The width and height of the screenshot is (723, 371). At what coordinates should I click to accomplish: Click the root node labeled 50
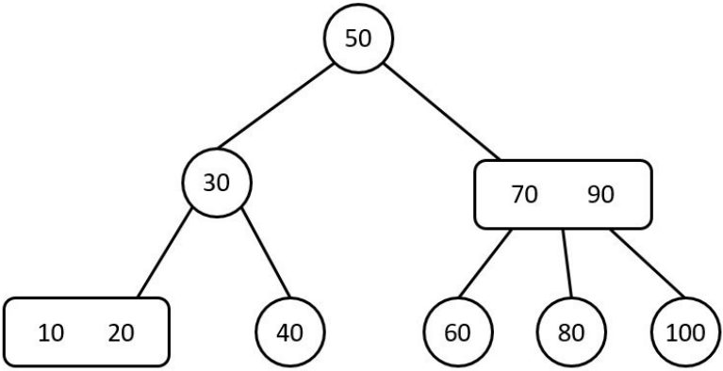point(358,39)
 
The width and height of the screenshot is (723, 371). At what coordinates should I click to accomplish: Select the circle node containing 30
point(217,183)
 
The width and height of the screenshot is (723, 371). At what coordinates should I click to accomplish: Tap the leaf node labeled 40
point(290,331)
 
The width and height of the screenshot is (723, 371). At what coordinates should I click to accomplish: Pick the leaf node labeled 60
point(458,331)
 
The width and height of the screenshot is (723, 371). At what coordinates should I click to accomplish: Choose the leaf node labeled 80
point(572,331)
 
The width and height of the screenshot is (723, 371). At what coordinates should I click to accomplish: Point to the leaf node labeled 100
point(686,331)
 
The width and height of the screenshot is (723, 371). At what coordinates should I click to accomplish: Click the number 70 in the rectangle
point(524,195)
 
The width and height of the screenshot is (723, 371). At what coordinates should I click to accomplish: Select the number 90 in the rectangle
point(600,195)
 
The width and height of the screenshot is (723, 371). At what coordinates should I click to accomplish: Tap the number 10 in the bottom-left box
point(51,332)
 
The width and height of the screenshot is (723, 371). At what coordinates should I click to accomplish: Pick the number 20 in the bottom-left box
point(122,332)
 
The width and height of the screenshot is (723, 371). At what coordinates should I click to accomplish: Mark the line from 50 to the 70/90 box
point(442,112)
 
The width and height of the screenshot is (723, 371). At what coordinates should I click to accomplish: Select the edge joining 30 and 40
point(267,254)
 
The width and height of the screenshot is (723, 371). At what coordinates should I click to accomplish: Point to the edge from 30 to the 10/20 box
point(165,253)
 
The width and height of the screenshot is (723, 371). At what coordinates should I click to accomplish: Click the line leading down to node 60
point(485,264)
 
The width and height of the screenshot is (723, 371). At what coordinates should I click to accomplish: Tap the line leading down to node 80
point(567,263)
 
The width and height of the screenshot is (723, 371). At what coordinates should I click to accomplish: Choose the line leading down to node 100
point(648,263)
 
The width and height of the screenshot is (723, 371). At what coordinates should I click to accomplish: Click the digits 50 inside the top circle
point(358,39)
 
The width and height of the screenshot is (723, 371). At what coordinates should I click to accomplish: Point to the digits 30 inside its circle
point(216,183)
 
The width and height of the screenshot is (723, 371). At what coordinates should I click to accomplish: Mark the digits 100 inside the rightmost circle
point(686,332)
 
